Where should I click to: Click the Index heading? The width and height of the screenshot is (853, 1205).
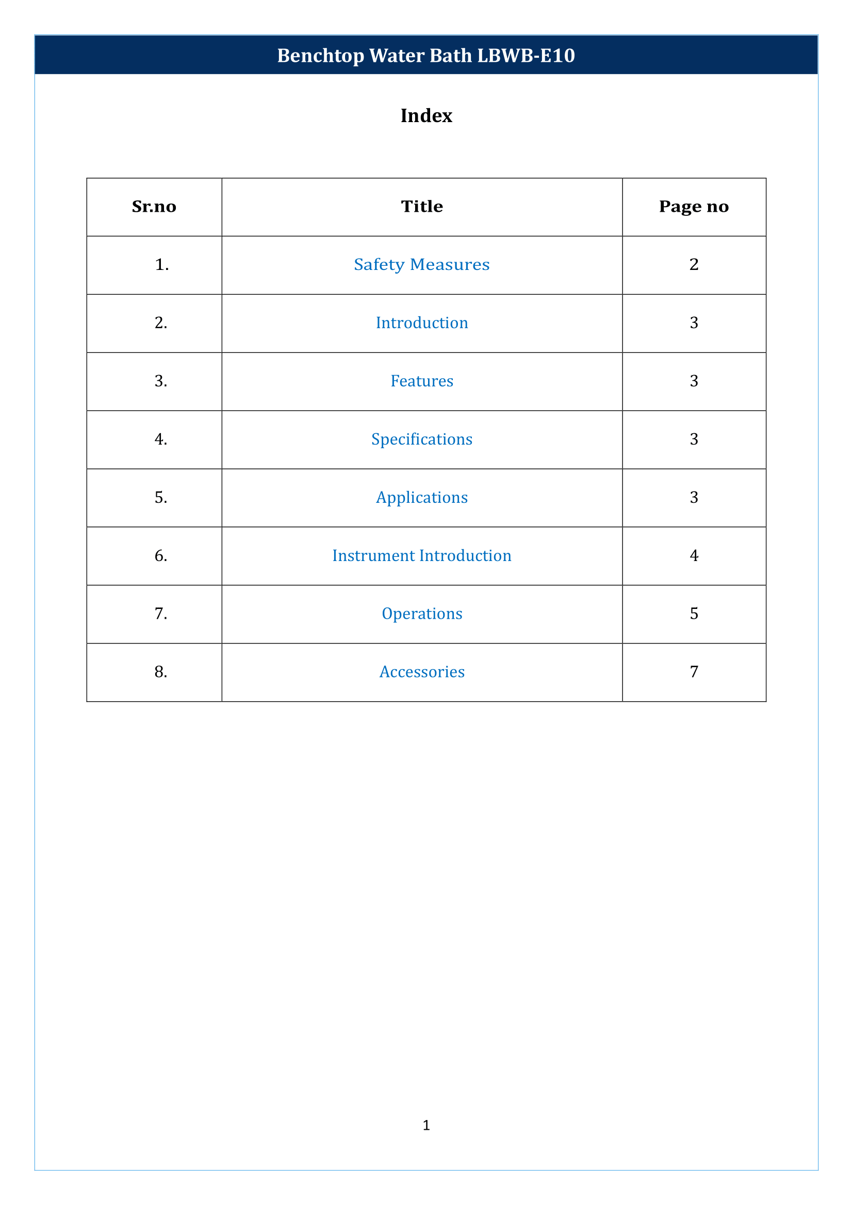426,115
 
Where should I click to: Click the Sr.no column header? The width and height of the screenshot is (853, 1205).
154,207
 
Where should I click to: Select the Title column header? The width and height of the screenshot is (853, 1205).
422,207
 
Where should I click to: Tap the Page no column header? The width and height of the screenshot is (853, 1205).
693,207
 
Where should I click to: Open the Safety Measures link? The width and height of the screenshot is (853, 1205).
421,264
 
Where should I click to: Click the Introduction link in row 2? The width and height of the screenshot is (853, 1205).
422,323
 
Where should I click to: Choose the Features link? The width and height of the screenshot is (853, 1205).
422,381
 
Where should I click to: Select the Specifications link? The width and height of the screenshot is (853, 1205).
422,439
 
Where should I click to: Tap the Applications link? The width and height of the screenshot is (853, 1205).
422,498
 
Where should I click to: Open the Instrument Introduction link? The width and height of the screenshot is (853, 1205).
422,556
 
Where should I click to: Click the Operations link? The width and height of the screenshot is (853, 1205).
422,614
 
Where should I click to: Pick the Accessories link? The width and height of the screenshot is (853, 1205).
422,672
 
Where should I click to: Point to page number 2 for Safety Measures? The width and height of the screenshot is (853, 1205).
693,264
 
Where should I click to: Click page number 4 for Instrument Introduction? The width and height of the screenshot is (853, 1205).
693,556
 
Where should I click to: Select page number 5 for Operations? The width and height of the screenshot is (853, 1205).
693,614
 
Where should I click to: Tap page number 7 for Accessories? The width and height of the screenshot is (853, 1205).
693,672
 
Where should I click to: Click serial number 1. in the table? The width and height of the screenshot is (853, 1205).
162,264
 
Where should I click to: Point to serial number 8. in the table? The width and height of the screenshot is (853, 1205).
161,672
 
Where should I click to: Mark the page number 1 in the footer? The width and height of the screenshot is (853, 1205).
426,1125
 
